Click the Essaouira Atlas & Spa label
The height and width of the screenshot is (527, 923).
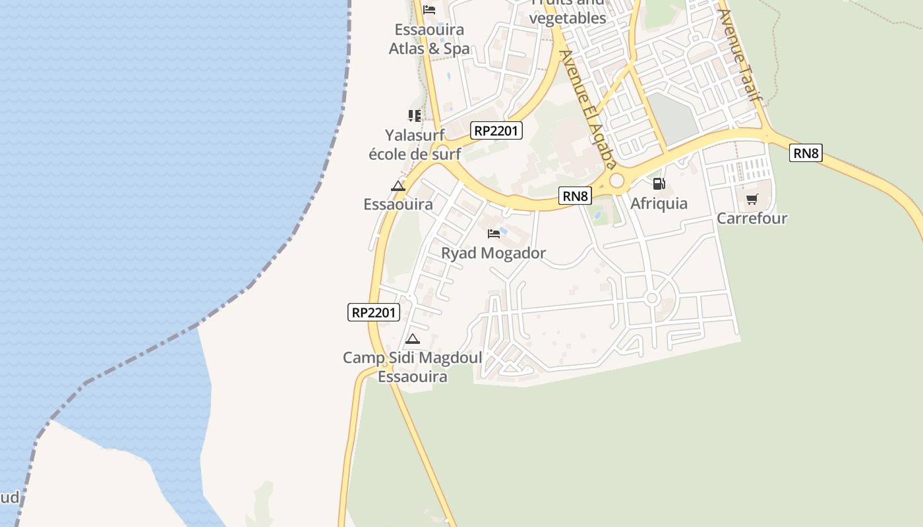pos(429,39)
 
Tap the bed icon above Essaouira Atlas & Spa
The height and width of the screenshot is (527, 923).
pos(429,10)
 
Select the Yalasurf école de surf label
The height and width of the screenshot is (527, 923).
pos(415,144)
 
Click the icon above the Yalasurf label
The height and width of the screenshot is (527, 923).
pos(414,116)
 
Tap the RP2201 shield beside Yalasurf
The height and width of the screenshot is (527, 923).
pos(496,130)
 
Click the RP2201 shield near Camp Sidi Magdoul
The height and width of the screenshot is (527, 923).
pos(374,312)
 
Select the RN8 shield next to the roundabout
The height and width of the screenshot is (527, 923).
pos(575,196)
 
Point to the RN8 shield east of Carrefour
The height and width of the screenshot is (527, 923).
pos(806,153)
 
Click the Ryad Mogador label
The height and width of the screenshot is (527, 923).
pos(493,253)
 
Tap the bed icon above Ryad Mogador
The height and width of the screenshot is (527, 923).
pos(493,233)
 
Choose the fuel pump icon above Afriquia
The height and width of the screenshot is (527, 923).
pos(659,184)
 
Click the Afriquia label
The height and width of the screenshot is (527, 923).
pos(659,204)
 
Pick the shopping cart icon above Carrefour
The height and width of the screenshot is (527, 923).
pos(752,199)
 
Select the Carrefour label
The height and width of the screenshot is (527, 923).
pos(752,218)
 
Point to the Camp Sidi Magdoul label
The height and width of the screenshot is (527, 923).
pos(412,367)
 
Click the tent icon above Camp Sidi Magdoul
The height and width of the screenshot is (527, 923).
pos(412,339)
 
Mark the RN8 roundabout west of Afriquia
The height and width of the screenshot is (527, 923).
pos(616,180)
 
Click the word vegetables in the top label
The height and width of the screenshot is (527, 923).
pos(568,18)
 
